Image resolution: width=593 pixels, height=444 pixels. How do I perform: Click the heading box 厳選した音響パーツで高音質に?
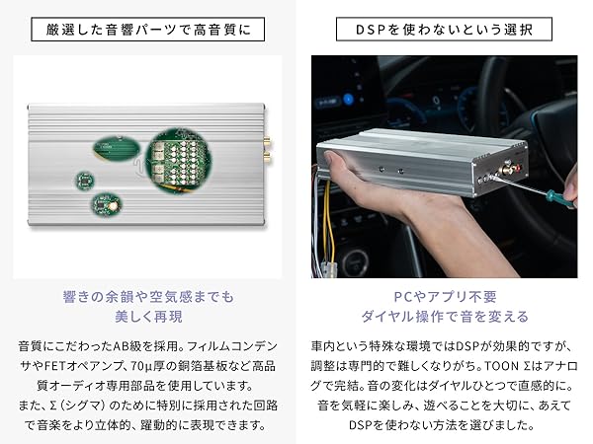click(148, 29)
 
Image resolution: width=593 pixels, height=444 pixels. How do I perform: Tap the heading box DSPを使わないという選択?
click(445, 29)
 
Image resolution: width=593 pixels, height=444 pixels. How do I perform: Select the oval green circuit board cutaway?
click(118, 149)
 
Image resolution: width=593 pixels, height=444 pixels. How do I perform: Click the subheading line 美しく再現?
click(148, 316)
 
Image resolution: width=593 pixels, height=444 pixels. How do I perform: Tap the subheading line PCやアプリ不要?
click(445, 294)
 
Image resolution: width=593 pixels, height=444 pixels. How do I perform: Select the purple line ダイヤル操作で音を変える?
click(445, 316)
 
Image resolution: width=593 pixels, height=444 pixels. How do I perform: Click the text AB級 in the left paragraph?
click(129, 348)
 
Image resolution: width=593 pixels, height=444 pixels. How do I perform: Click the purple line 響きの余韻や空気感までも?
click(148, 294)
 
